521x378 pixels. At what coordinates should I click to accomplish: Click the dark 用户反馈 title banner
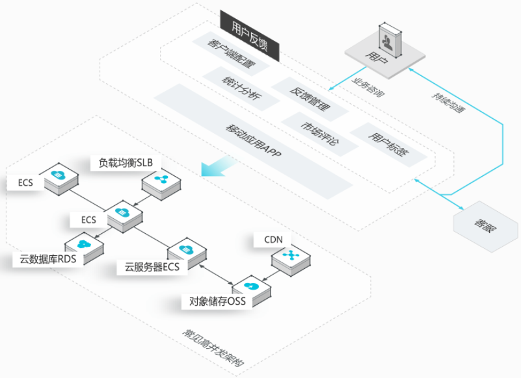coord(250,36)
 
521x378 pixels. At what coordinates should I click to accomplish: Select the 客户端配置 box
coord(231,53)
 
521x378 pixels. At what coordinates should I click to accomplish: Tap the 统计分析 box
coord(241,88)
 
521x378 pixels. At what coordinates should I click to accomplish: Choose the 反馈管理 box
coord(310,99)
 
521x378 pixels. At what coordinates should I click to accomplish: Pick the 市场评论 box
coord(319,134)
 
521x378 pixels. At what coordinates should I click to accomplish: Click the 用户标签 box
coord(388,144)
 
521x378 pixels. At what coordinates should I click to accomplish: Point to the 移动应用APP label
coord(254,140)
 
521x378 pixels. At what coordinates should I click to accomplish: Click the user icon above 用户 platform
coord(390,40)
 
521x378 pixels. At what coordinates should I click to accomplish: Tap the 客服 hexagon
coord(485,226)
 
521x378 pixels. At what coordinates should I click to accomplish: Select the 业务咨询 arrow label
coord(368,88)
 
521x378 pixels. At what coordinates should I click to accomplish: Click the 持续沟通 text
coord(448,103)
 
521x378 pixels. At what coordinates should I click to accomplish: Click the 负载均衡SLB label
coord(126,162)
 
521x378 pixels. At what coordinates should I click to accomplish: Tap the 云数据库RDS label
coord(48,259)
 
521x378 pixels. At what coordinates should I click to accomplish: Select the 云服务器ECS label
coord(152,267)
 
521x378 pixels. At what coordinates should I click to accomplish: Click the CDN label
coord(273,240)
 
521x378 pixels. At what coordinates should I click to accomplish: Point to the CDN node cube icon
coord(291,260)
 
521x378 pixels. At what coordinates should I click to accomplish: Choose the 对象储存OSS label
coord(217,301)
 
